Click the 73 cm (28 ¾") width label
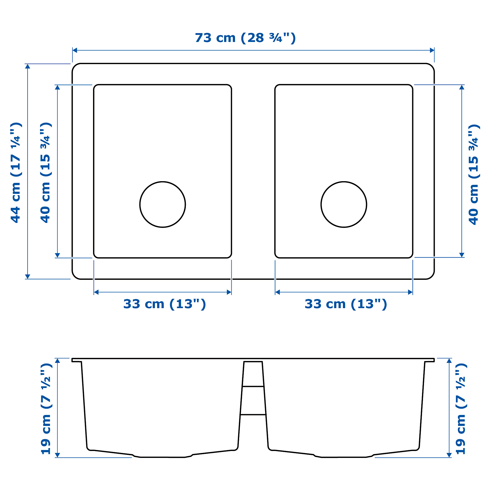coord(245,38)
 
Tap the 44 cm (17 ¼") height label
coord(16,173)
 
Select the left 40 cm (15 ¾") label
coord(46,173)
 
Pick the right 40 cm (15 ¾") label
coord(474,175)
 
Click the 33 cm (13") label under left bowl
coord(164,304)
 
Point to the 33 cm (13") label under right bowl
coord(346,304)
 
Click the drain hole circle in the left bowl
coord(163,204)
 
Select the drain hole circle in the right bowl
coord(344,204)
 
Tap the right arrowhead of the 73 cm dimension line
coord(432,50)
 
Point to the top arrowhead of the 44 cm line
coord(28,66)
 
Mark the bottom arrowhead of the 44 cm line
coord(28,276)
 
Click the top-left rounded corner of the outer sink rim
coord(75,67)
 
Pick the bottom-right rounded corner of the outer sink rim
coord(431,276)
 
